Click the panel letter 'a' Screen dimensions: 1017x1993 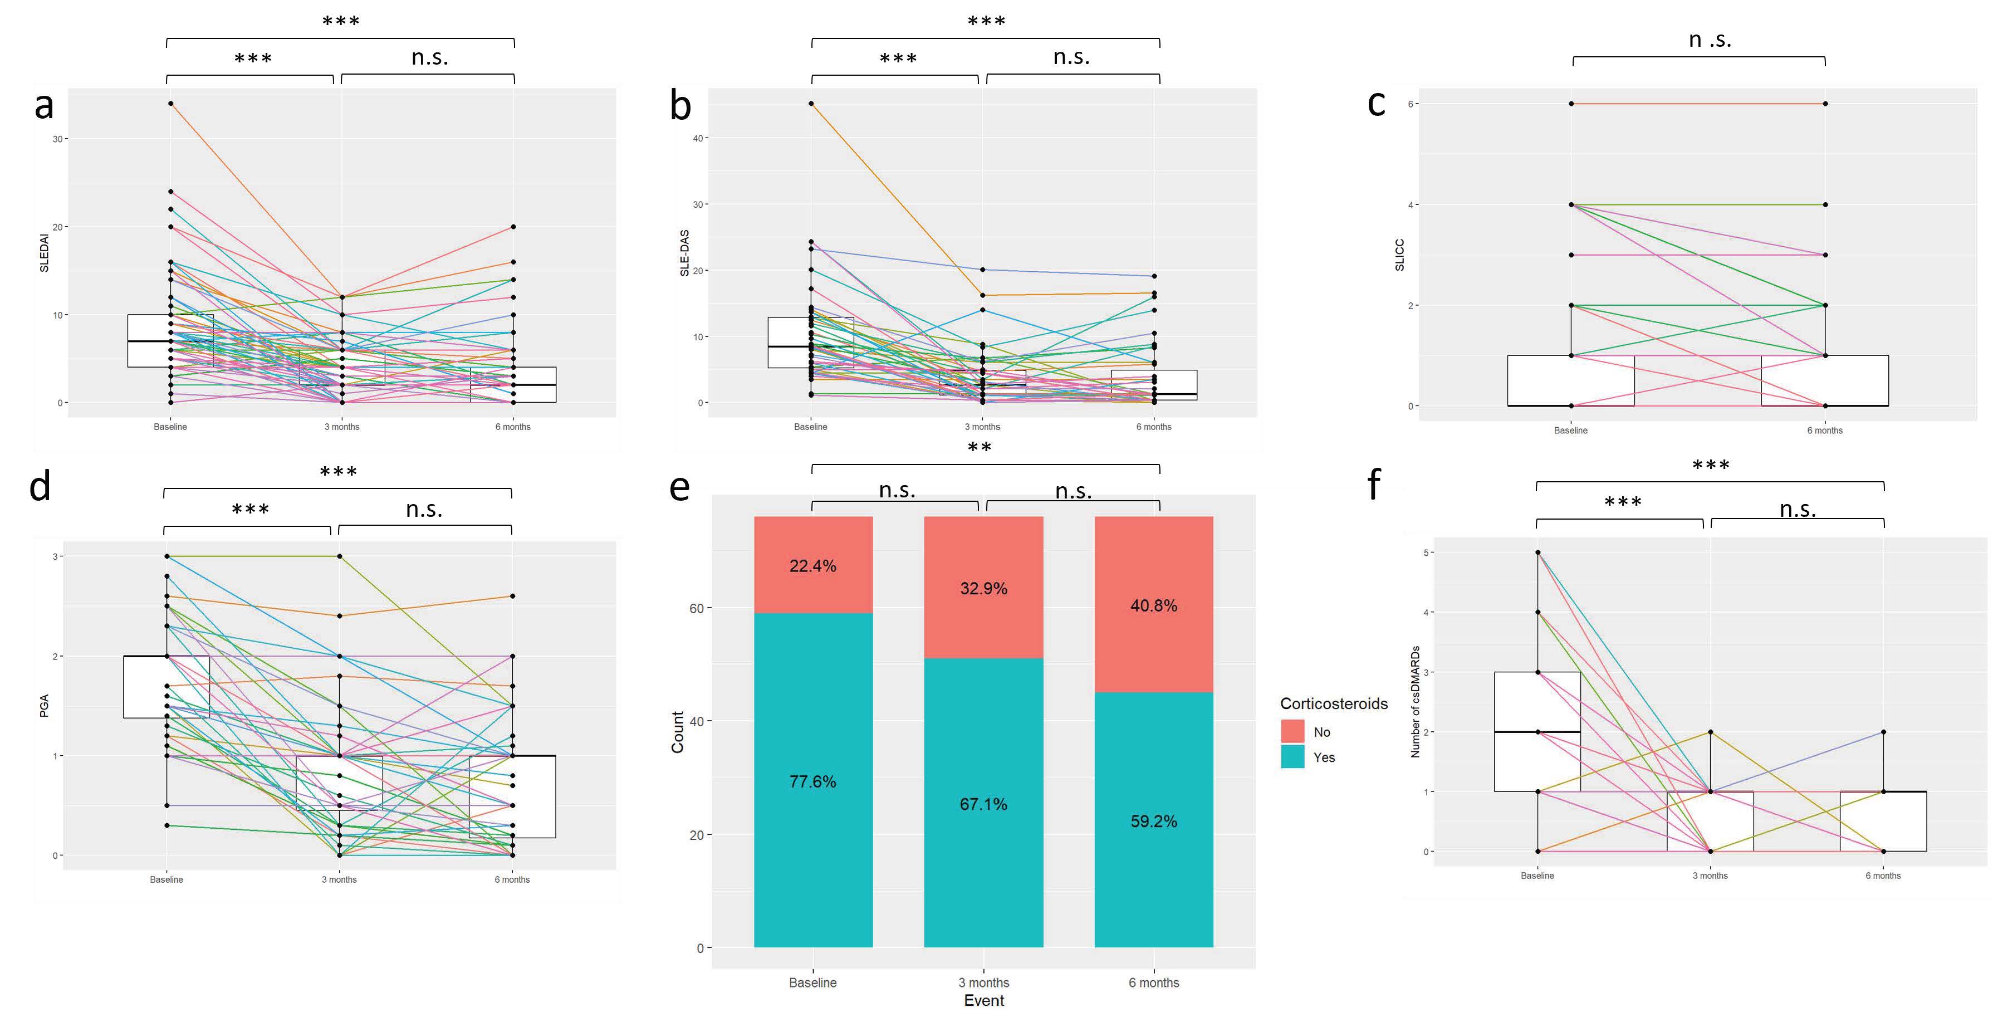click(44, 106)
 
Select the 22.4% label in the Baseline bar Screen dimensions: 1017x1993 click(812, 566)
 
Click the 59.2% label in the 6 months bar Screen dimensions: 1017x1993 click(1154, 821)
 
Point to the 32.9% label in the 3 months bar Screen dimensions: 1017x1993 click(983, 588)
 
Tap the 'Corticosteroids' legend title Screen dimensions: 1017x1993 click(1334, 703)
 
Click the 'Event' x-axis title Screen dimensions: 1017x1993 click(983, 1001)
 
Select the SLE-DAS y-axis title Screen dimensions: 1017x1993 click(684, 253)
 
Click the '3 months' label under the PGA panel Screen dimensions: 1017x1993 click(339, 879)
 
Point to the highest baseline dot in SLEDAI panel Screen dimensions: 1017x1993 click(170, 104)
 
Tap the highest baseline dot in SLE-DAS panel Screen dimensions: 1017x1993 click(811, 104)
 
